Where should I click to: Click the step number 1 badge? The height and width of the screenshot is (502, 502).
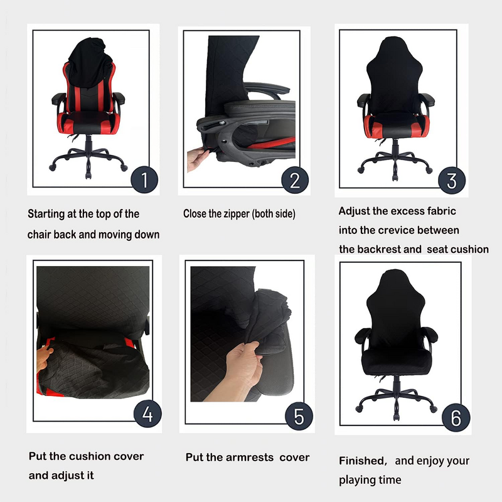pos(144,181)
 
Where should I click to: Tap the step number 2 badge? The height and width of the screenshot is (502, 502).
pos(295,181)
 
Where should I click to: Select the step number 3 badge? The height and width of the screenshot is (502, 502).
pos(451,181)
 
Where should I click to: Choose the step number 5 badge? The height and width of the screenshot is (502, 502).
pos(299,417)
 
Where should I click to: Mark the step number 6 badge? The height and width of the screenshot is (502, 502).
pos(456,417)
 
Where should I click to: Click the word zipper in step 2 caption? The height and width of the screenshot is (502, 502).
pos(235,214)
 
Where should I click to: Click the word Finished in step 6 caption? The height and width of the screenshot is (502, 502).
pos(361,461)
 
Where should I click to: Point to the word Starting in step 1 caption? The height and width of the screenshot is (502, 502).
pos(47,214)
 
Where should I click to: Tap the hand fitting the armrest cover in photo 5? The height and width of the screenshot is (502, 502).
pos(247,365)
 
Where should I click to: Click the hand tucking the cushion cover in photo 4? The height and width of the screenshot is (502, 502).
pos(44,360)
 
